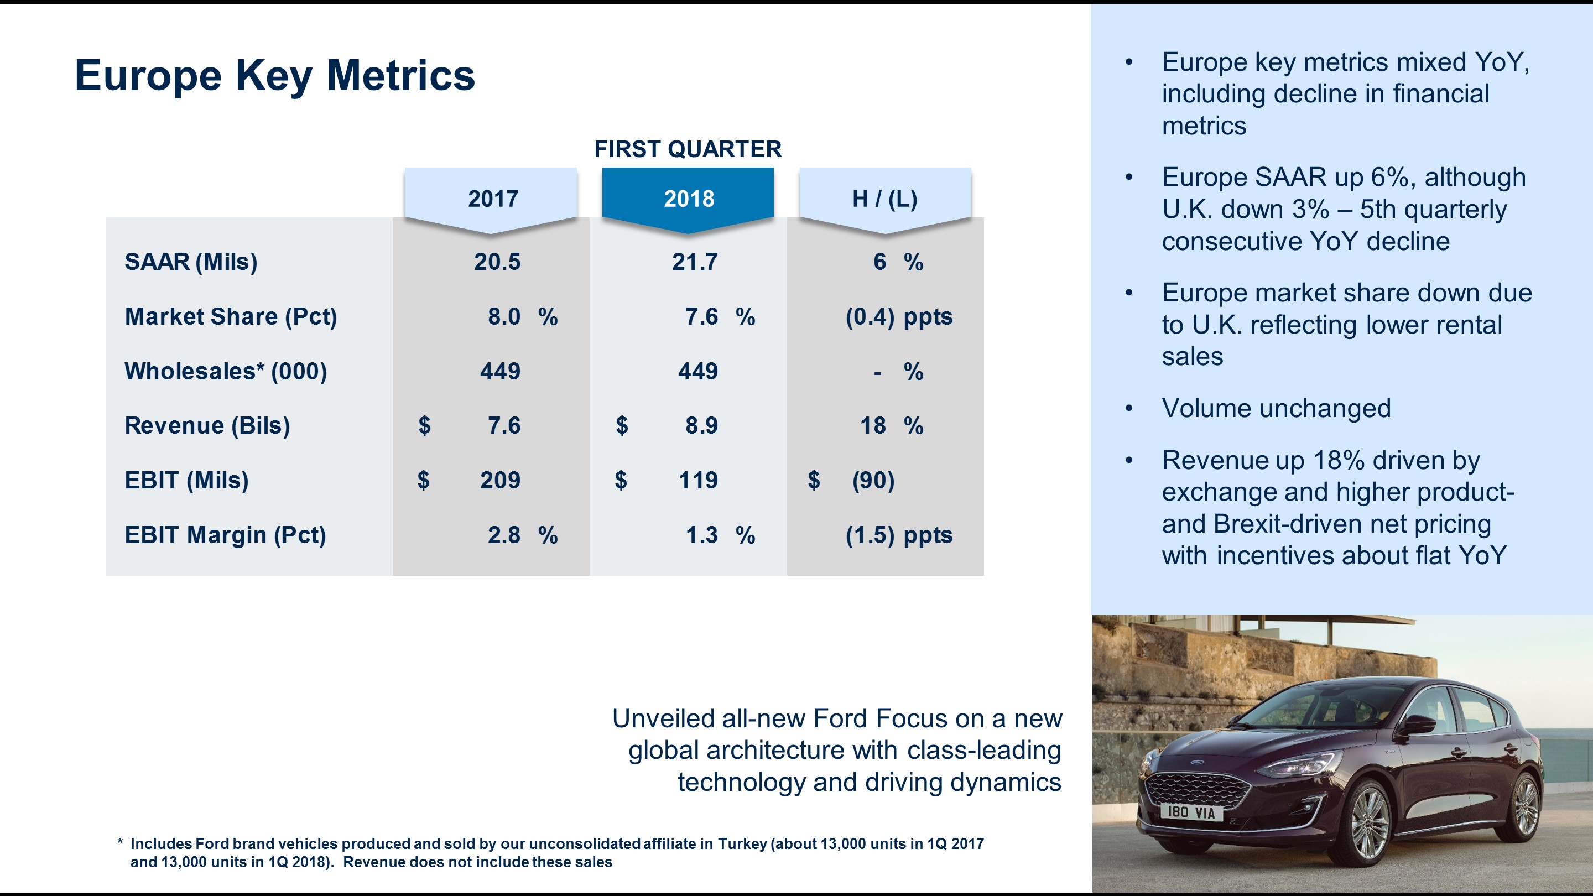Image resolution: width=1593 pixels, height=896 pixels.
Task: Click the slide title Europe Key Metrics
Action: tap(274, 75)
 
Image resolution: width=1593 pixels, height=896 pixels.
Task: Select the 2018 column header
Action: tap(688, 199)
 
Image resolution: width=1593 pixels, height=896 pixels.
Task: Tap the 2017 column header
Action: tap(492, 199)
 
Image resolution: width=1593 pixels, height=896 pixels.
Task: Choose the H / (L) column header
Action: tap(884, 199)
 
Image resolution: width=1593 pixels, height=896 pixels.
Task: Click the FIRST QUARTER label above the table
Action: tap(688, 149)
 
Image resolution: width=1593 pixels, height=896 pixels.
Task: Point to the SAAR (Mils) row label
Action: tap(191, 262)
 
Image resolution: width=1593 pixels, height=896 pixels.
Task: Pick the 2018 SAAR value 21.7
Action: tap(695, 262)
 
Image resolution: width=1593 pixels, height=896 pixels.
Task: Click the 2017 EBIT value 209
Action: tap(499, 480)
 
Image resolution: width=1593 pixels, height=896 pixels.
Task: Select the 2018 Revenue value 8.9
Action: tap(701, 425)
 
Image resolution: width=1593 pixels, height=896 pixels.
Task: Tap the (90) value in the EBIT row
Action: tap(873, 480)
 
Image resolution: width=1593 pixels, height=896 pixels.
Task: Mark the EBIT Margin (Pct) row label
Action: tap(225, 535)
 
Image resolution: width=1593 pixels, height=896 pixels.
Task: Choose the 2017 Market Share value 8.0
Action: tap(504, 316)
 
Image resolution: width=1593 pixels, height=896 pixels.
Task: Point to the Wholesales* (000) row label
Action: tap(226, 371)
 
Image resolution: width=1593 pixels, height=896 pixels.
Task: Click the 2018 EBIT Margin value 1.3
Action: tap(701, 535)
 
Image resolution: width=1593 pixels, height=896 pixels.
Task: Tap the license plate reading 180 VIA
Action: tap(1190, 812)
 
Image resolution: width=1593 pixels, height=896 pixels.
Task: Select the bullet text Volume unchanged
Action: tap(1276, 408)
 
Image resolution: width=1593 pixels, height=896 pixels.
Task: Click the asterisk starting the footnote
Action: tap(120, 843)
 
